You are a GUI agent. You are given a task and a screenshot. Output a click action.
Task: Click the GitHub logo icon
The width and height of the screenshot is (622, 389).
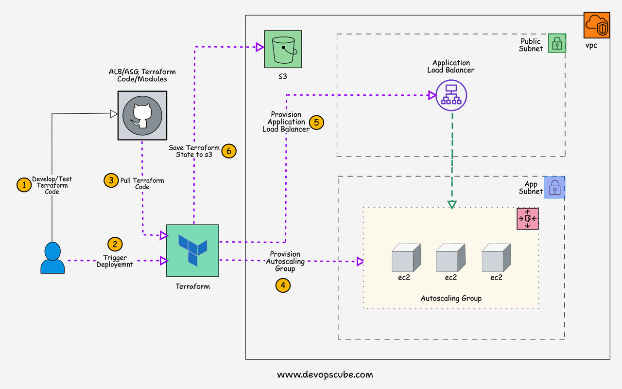click(142, 116)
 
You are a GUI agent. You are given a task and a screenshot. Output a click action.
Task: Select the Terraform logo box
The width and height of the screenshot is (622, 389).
click(192, 250)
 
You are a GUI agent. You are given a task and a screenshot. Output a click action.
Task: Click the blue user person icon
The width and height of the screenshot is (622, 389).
click(52, 258)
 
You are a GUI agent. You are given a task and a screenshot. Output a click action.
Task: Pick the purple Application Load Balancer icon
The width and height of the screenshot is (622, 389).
click(451, 96)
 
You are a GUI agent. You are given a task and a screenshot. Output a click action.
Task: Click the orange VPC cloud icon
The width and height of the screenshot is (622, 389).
click(596, 26)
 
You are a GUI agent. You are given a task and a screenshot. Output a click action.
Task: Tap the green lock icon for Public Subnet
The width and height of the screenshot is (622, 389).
click(557, 43)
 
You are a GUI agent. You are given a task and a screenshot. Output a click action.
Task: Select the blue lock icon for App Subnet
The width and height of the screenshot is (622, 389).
click(554, 187)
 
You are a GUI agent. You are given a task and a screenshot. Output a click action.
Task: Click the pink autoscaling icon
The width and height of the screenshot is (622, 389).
click(527, 218)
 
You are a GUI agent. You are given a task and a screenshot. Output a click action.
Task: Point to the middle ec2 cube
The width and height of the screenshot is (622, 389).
click(450, 258)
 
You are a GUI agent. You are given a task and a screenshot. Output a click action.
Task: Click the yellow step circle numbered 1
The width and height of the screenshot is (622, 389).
click(23, 184)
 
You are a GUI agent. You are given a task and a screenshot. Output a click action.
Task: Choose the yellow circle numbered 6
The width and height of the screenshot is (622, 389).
click(229, 151)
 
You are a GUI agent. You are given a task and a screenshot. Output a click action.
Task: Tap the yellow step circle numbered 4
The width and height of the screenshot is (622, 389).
click(283, 285)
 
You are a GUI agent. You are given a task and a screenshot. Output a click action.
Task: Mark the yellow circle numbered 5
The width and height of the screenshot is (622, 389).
click(316, 122)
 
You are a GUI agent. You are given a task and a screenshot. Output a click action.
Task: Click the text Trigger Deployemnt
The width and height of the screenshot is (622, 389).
click(115, 261)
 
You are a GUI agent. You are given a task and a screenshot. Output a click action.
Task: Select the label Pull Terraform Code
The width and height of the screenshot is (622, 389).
click(142, 183)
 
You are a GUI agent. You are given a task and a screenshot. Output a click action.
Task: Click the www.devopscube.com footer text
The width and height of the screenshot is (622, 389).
click(325, 374)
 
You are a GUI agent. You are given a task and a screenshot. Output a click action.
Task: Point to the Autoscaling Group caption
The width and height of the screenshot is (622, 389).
click(451, 298)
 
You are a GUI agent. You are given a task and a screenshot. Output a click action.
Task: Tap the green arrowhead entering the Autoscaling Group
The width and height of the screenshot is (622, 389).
click(452, 204)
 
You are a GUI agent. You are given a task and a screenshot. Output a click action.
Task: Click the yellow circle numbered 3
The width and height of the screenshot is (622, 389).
click(111, 180)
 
